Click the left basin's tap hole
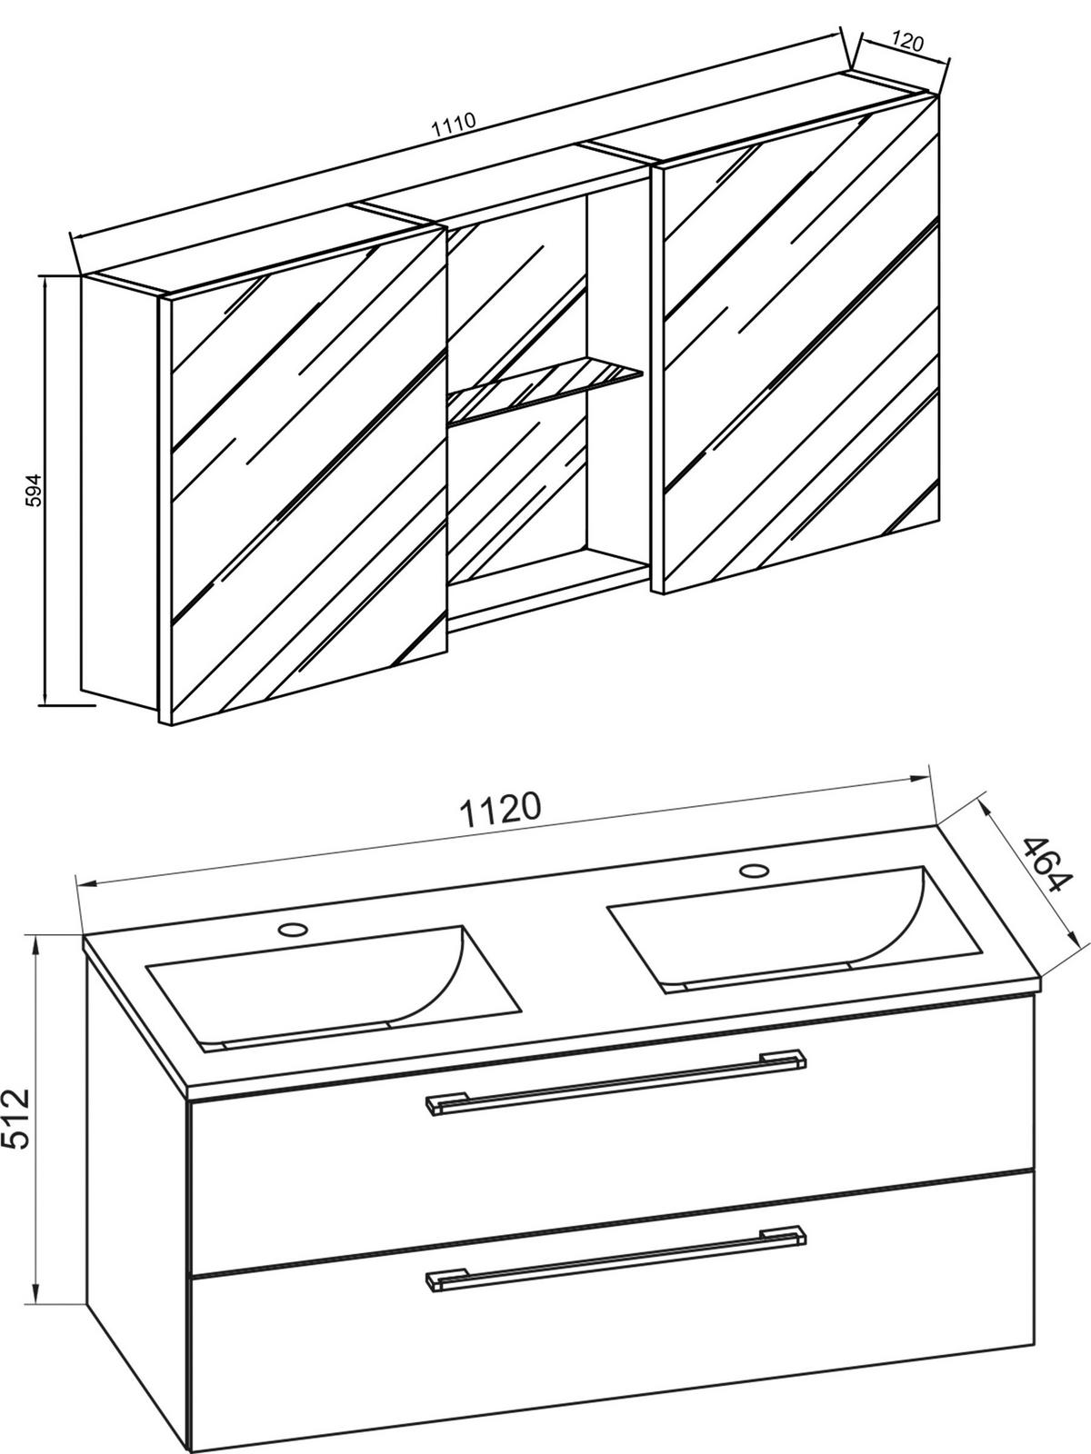click(x=293, y=930)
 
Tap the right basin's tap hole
click(x=754, y=871)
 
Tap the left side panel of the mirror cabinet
click(x=120, y=498)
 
